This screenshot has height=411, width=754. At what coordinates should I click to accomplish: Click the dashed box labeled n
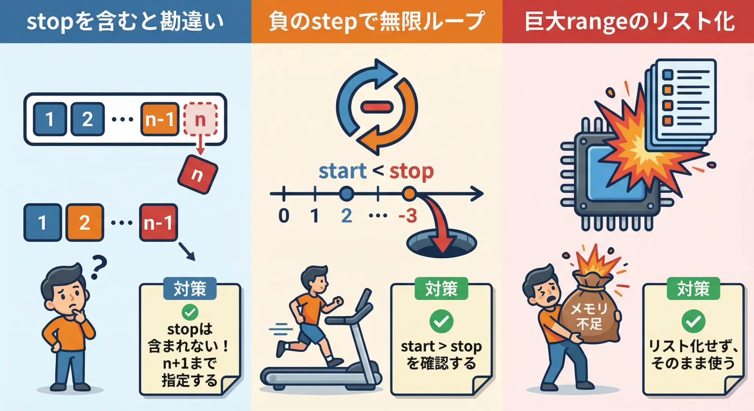pyautogui.click(x=200, y=119)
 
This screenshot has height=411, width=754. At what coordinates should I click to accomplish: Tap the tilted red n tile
pyautogui.click(x=198, y=174)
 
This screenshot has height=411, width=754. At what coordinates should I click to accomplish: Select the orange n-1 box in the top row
pyautogui.click(x=159, y=119)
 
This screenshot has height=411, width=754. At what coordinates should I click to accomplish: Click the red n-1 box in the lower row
pyautogui.click(x=158, y=222)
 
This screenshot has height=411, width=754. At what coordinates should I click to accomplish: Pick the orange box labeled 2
pyautogui.click(x=84, y=222)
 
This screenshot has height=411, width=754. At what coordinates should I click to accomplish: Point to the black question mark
pyautogui.click(x=99, y=267)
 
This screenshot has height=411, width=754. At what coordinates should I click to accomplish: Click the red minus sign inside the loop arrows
pyautogui.click(x=377, y=107)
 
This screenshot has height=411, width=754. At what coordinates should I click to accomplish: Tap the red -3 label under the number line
pyautogui.click(x=407, y=216)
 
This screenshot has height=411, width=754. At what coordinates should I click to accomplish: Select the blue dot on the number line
pyautogui.click(x=346, y=194)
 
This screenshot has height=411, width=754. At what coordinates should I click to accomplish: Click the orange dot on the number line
pyautogui.click(x=409, y=194)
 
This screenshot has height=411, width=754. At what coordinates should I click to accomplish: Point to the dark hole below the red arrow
pyautogui.click(x=441, y=243)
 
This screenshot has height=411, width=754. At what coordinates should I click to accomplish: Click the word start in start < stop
pyautogui.click(x=342, y=171)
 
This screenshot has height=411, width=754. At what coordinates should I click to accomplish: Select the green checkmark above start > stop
pyautogui.click(x=441, y=321)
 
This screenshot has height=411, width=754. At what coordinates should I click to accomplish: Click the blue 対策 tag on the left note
pyautogui.click(x=190, y=289)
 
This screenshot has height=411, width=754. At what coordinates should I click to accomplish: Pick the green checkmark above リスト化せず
pyautogui.click(x=693, y=321)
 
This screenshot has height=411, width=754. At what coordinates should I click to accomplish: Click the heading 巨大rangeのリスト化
pyautogui.click(x=630, y=22)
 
